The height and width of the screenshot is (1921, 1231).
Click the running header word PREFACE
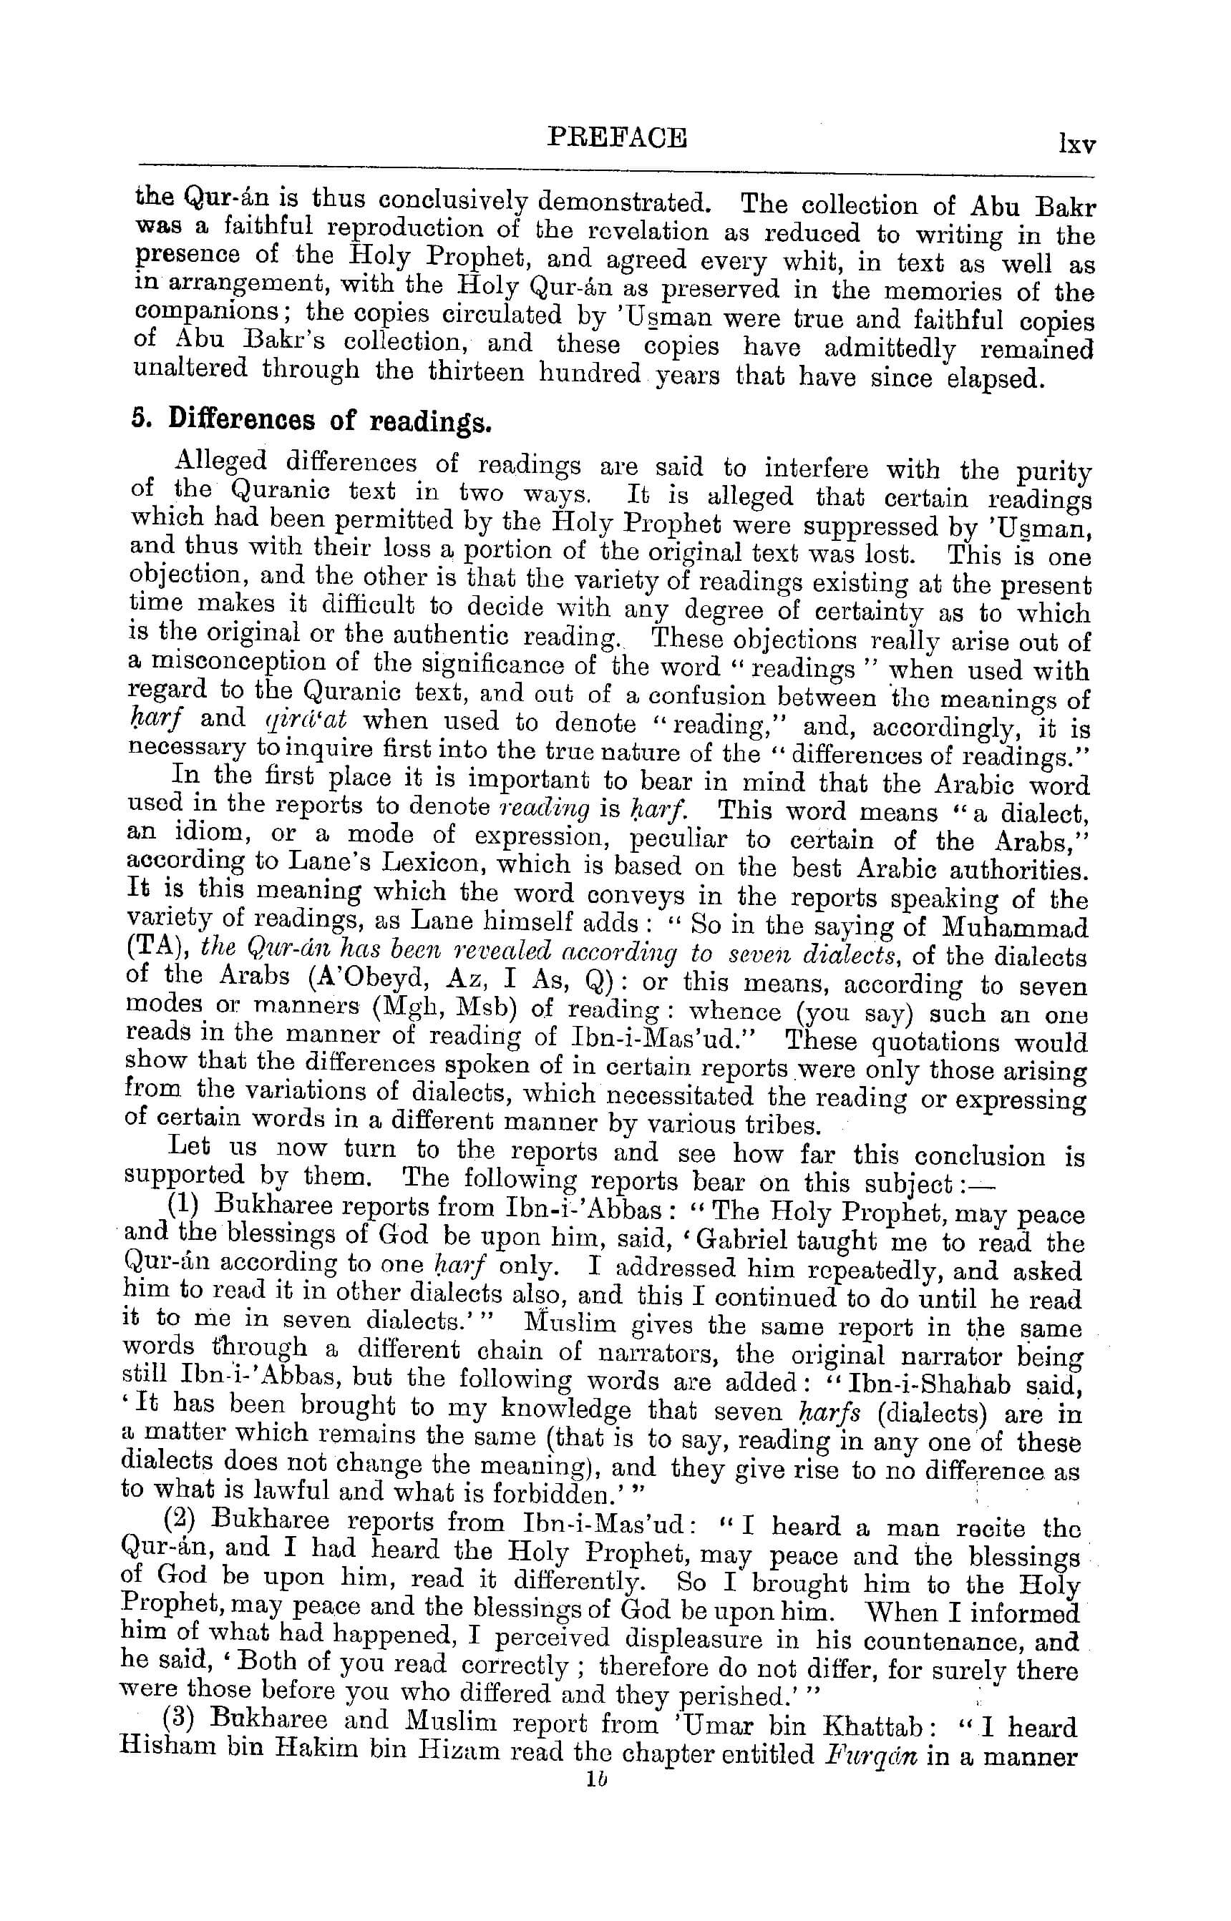[x=616, y=137]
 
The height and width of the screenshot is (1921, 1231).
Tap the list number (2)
[x=180, y=1520]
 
